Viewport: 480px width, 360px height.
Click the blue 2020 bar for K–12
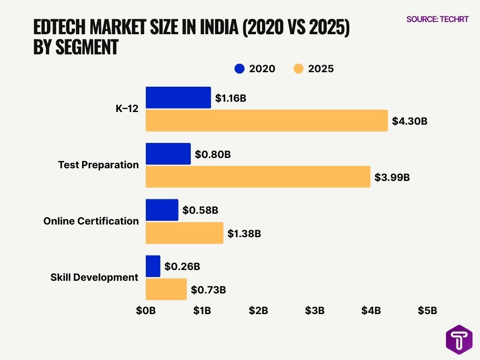coord(178,97)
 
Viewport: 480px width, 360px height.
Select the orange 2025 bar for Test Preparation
coord(258,177)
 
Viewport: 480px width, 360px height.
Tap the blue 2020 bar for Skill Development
coord(153,266)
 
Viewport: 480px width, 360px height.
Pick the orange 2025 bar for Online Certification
coord(184,233)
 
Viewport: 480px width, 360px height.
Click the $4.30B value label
coord(410,121)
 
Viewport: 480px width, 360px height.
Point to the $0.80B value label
coord(213,154)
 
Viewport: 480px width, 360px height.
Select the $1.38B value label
coord(244,233)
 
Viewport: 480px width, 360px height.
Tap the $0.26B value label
coord(182,266)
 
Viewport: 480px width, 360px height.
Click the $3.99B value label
coord(392,178)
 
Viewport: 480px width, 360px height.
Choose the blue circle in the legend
coord(240,69)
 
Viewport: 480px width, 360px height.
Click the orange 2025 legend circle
coord(299,69)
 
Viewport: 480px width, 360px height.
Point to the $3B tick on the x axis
coord(315,310)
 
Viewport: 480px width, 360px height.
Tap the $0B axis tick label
coord(145,310)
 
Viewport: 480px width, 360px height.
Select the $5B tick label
coord(427,310)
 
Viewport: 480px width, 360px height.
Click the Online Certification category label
coord(91,221)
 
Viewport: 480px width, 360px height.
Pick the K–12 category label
coord(127,109)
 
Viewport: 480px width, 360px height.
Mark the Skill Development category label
coord(94,277)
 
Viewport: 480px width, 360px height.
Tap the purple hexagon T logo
coord(458,339)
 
